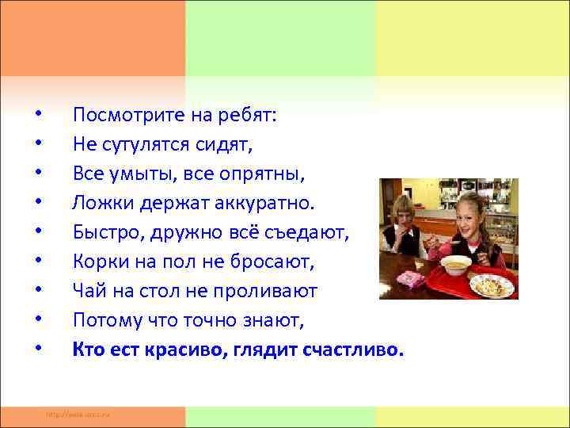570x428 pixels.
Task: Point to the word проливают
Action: tap(273, 291)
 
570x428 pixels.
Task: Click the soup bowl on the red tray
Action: tap(456, 265)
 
